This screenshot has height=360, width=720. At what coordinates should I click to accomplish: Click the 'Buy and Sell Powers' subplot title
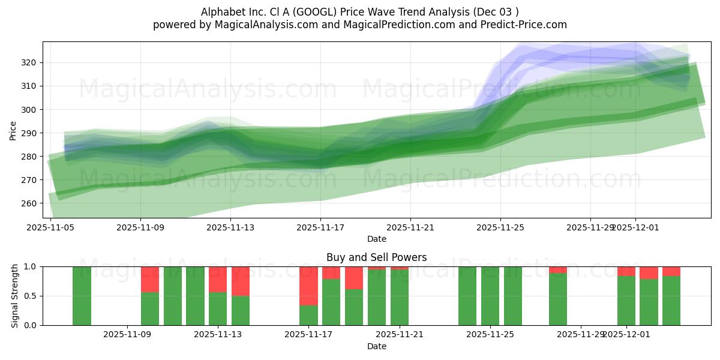pos(376,257)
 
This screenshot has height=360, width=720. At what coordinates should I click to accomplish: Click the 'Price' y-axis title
pos(13,130)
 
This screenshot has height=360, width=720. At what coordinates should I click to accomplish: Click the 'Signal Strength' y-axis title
pos(15,296)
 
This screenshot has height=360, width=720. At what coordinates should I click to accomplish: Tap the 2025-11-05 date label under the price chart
pos(50,227)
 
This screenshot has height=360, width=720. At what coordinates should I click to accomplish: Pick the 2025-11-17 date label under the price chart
pos(320,227)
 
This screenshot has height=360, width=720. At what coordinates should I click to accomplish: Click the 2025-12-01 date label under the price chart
pos(636,227)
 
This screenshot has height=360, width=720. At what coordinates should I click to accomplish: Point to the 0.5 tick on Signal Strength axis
pos(31,296)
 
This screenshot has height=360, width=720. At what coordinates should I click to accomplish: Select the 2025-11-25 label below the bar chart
pos(490,335)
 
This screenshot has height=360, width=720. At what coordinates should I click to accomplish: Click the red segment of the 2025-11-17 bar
pos(308,286)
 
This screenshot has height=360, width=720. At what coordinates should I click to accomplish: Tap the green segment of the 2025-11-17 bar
pos(308,316)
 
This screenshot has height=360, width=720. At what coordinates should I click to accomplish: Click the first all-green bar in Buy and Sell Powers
pos(82,296)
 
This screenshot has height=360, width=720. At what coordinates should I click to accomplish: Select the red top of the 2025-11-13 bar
pos(218,279)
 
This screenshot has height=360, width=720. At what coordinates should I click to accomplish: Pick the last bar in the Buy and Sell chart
pos(671,300)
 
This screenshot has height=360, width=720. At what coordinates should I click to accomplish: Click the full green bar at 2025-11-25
pos(490,296)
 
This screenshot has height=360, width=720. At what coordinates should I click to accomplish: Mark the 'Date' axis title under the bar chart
pos(376,346)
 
